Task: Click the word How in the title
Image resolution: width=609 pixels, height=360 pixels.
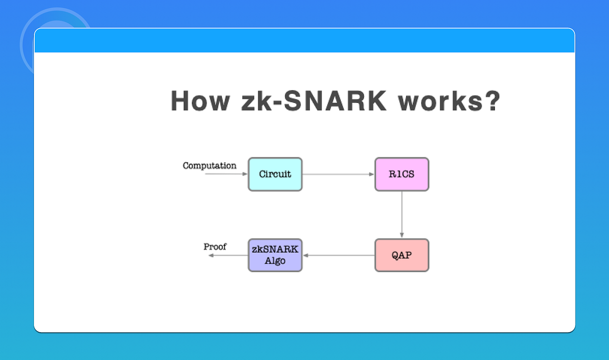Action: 200,101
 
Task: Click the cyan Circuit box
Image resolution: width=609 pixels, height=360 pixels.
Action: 275,174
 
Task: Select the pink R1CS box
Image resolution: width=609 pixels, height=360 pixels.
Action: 402,174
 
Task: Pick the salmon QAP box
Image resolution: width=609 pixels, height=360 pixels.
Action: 402,255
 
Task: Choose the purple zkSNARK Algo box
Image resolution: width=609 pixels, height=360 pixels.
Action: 275,255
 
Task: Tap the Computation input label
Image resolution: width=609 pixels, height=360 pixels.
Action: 209,165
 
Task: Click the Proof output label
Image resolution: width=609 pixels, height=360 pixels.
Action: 215,247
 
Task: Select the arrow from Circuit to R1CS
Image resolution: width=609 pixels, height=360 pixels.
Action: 338,174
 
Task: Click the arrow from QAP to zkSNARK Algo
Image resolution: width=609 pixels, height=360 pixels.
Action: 338,255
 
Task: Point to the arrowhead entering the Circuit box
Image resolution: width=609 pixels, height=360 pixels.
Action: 245,174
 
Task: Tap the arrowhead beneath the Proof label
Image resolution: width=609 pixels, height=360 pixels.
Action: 211,255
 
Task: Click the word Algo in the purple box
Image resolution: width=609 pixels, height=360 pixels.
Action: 275,261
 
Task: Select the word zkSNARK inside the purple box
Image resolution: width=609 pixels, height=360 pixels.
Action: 275,249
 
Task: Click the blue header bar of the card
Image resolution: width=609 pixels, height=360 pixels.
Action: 304,40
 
